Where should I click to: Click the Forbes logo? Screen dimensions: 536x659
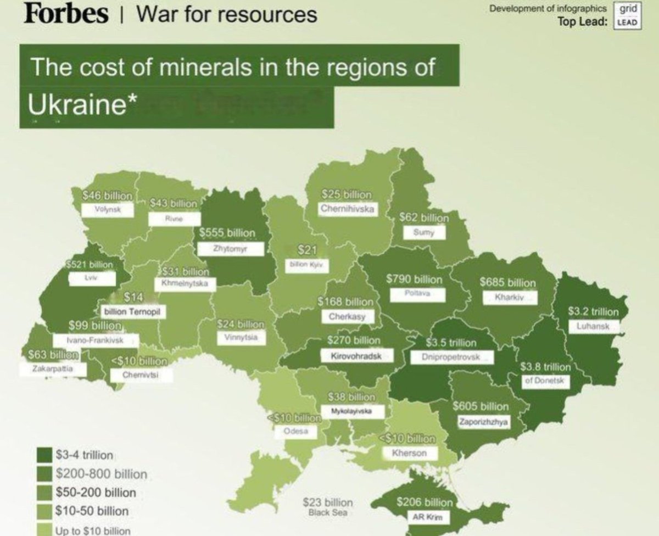point(66,14)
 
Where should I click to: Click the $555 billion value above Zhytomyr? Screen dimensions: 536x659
point(227,233)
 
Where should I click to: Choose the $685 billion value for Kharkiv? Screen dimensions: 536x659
point(507,283)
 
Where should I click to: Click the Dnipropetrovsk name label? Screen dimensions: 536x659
point(451,357)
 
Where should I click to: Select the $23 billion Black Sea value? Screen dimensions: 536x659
point(327,503)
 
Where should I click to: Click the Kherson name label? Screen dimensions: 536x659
point(409,454)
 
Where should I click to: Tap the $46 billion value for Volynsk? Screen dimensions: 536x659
point(107,195)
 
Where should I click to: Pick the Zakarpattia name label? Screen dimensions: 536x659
point(52,369)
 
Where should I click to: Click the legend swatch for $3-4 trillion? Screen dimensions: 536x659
point(45,455)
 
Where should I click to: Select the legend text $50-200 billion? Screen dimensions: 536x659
point(96,493)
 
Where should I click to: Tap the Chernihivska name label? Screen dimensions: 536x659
point(348,209)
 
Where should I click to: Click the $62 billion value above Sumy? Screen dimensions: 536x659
point(424,217)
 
